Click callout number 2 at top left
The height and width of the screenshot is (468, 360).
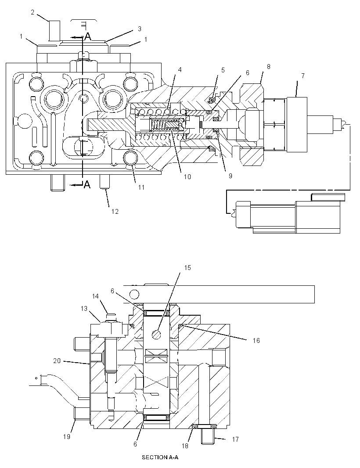click(x=32, y=12)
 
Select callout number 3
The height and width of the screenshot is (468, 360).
click(x=140, y=29)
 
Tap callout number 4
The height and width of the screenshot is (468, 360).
click(x=180, y=69)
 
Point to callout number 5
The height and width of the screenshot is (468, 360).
click(x=223, y=70)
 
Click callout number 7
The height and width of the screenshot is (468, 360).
click(x=303, y=76)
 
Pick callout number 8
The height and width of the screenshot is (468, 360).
click(x=269, y=67)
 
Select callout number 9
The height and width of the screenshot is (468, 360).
click(x=230, y=176)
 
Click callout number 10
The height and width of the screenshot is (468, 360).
click(x=187, y=176)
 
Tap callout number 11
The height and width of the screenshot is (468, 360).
click(x=141, y=187)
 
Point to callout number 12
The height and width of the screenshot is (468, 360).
click(x=115, y=211)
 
